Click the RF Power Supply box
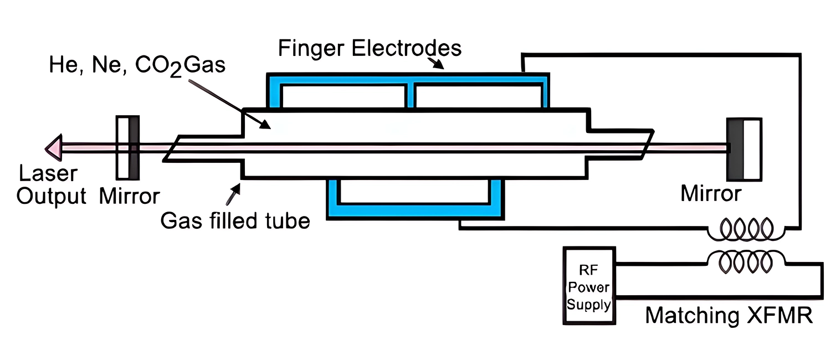pos(589,286)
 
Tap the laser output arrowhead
pos(53,147)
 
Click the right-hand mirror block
pos(744,148)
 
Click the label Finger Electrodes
pos(370,48)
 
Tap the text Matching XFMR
pos(729,315)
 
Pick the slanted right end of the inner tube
pos(646,147)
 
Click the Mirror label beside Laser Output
pos(129,196)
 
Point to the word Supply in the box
pos(589,304)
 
